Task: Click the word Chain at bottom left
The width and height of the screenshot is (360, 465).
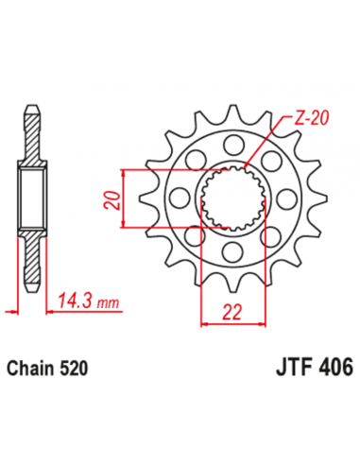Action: [29, 369]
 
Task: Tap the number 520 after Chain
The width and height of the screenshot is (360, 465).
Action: [73, 369]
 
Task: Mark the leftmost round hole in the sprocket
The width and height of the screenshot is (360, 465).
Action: [175, 197]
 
